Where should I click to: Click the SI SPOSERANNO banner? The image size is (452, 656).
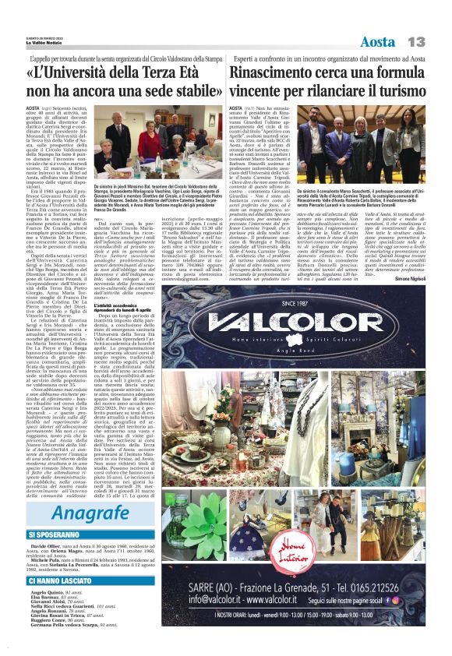(x=57, y=535)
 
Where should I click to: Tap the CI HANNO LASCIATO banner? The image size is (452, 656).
(x=62, y=580)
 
